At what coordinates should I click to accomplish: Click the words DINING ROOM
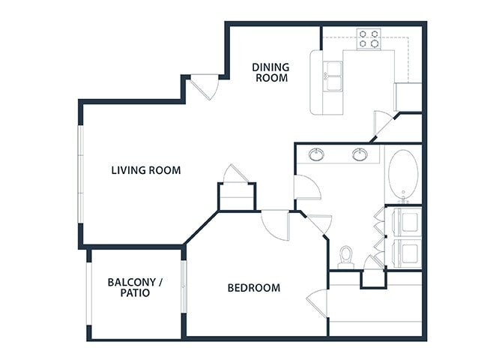(271, 72)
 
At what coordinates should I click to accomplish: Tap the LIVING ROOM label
(146, 170)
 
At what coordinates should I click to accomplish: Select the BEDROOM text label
(254, 287)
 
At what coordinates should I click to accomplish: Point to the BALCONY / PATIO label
(135, 287)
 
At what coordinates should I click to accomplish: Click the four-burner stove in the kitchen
(369, 38)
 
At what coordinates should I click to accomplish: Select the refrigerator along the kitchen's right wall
(409, 97)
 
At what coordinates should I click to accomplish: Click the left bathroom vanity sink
(318, 155)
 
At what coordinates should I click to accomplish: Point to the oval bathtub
(404, 175)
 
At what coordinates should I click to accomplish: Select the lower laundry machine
(408, 253)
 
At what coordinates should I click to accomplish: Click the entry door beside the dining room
(205, 87)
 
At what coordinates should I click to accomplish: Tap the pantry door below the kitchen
(382, 124)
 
